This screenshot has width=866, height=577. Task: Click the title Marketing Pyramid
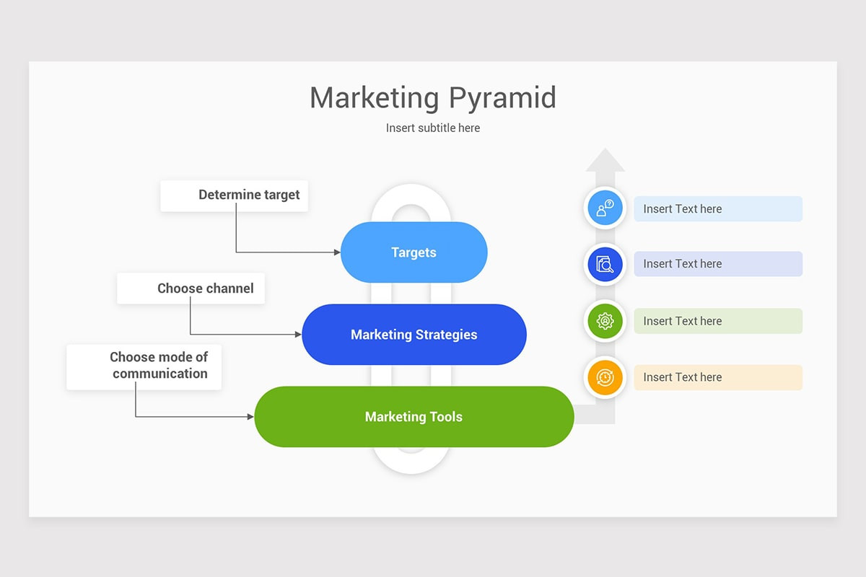pos(433,98)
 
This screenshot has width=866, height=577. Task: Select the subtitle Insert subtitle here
pos(433,128)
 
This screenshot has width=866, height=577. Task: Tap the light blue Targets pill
pos(414,252)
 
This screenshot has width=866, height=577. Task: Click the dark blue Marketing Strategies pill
pos(414,335)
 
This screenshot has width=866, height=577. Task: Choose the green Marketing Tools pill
pos(414,417)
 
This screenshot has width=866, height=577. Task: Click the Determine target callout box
pos(235,196)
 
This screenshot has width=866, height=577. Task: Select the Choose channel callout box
pos(191,288)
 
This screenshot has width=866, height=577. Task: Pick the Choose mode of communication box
pos(144,367)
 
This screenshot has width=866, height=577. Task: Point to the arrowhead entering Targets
pos(337,252)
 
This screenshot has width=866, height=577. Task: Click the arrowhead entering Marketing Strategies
pos(299,334)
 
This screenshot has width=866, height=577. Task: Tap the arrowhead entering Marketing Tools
pos(251,417)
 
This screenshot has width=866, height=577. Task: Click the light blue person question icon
pos(605,208)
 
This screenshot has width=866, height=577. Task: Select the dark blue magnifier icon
pos(605,265)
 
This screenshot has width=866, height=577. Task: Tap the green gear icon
pos(605,321)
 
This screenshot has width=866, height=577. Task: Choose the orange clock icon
pos(605,377)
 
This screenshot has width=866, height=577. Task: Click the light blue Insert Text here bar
pos(718,208)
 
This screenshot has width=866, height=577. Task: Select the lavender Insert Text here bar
pos(718,264)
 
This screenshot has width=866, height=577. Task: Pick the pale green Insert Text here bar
pos(718,321)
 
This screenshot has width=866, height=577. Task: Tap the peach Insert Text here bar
pos(718,377)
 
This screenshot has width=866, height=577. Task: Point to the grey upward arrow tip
pos(605,149)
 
